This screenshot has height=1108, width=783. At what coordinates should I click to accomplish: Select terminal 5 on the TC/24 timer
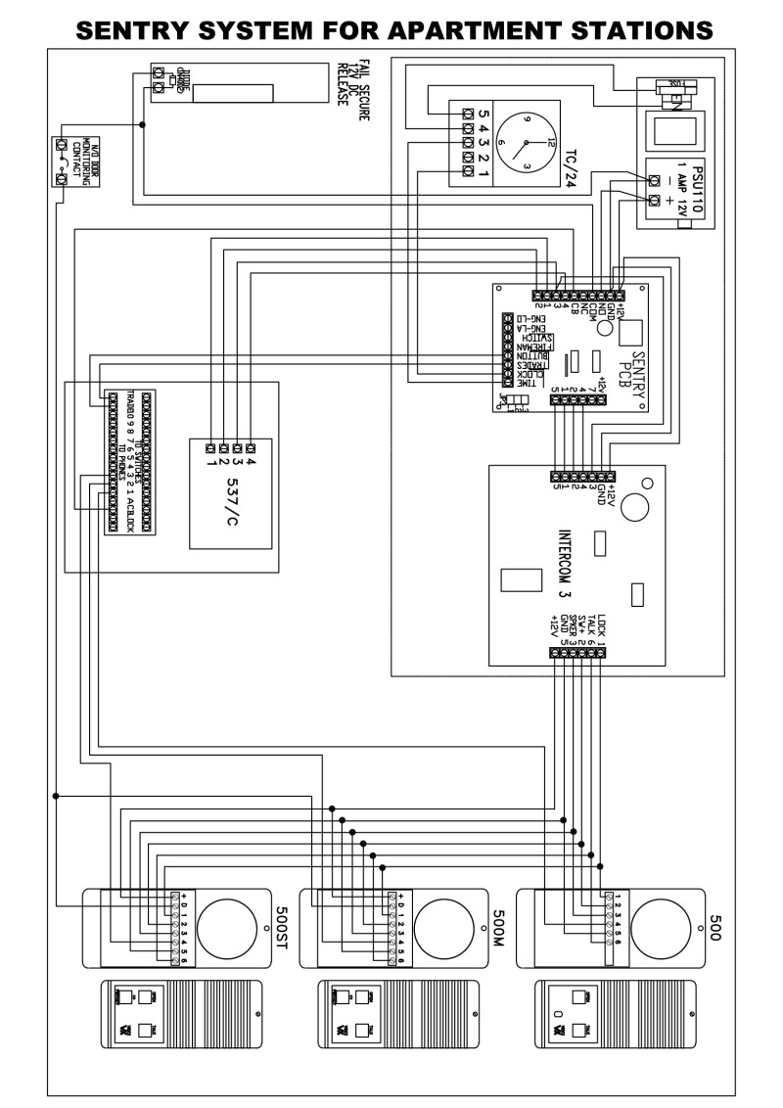click(x=468, y=114)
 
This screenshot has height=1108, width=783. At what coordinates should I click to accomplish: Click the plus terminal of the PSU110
click(x=654, y=201)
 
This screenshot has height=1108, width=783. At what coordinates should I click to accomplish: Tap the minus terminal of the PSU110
click(x=654, y=179)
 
